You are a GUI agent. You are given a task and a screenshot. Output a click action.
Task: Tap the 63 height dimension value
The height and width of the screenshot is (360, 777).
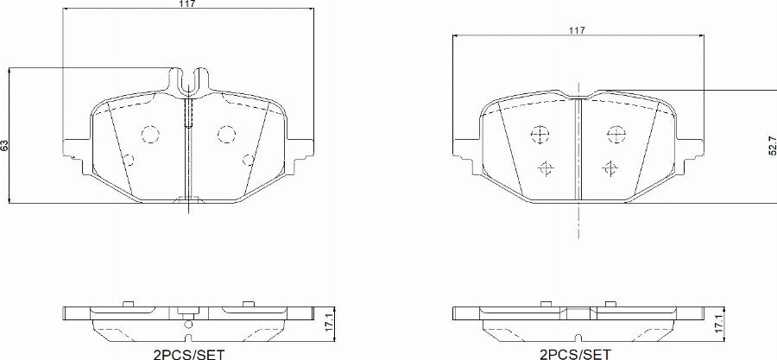tap(4, 145)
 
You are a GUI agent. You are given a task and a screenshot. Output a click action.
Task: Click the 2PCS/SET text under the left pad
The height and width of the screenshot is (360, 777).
tap(188, 353)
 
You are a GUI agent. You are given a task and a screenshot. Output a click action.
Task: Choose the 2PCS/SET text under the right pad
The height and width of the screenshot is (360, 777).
tap(576, 353)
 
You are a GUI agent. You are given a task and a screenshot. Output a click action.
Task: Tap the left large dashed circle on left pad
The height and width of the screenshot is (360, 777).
tap(149, 134)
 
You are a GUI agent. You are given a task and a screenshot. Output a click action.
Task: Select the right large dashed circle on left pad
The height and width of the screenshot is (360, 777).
tap(226, 134)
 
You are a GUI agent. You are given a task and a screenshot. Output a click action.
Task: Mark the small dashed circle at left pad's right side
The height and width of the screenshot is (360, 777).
tap(249, 159)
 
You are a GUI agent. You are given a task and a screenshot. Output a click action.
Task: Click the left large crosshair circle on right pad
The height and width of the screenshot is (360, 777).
tap(538, 135)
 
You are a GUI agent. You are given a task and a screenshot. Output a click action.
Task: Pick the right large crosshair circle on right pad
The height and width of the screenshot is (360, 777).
tap(616, 135)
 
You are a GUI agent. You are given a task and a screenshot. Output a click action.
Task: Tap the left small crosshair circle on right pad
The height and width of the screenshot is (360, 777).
tap(544, 167)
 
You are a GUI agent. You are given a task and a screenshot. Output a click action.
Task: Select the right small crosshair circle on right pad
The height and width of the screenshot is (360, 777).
tap(610, 167)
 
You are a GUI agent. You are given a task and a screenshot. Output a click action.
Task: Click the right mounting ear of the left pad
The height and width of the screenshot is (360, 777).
tap(301, 148)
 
